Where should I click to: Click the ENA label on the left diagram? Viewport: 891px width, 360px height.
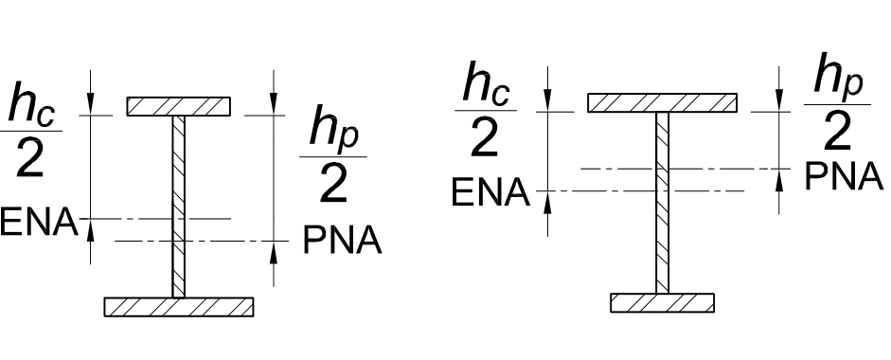(38, 225)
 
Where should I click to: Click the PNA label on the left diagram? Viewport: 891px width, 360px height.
(342, 242)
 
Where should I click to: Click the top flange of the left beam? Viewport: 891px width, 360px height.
(179, 106)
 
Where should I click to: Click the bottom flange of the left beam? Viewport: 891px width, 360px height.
(179, 306)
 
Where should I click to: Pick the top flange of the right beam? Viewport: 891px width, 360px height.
(662, 103)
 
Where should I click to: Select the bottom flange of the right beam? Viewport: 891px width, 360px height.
(662, 302)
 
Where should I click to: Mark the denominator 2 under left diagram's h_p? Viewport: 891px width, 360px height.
(332, 187)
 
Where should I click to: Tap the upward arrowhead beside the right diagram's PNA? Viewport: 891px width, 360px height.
(778, 180)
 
